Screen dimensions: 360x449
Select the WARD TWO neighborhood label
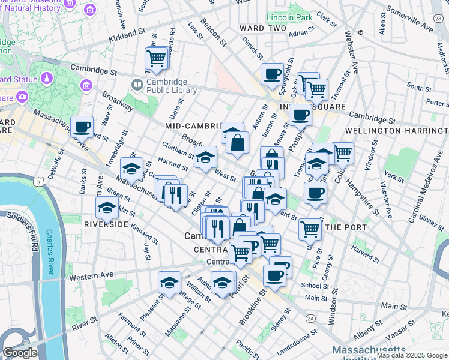point(262,28)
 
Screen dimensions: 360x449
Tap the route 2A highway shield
point(310,318)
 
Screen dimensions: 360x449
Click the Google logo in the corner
point(20,353)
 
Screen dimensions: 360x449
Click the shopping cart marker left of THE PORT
point(310,228)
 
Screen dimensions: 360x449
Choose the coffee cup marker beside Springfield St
point(272,74)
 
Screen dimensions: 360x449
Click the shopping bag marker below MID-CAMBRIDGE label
point(238,143)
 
